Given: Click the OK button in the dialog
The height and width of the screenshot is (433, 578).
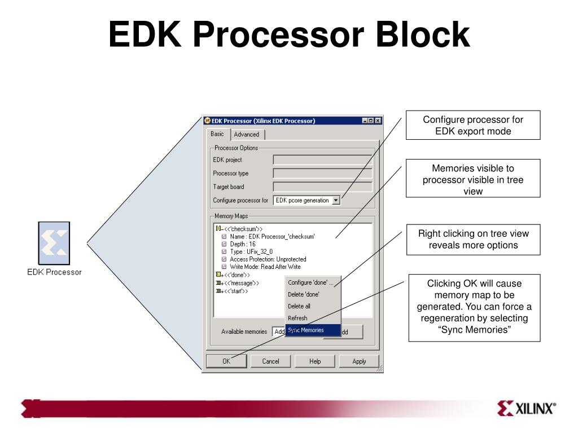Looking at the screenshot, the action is click(x=226, y=361).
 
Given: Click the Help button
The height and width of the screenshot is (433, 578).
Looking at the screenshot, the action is click(x=315, y=361).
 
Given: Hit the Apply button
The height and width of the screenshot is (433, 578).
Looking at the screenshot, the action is click(x=359, y=361).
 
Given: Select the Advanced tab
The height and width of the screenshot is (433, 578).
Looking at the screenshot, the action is click(x=247, y=134).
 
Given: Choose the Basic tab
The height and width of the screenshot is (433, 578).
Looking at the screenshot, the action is click(x=217, y=134).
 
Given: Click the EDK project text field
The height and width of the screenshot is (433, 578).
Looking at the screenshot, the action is click(x=322, y=160).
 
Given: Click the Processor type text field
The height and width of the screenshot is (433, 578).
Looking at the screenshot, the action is click(x=322, y=173).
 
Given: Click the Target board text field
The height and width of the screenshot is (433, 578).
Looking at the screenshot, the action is click(x=322, y=187).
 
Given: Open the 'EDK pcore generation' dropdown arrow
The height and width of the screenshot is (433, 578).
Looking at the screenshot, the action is click(x=336, y=200).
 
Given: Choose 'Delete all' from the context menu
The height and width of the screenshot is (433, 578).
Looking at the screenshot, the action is click(x=299, y=306).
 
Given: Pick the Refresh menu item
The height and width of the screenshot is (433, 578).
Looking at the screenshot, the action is click(x=298, y=318).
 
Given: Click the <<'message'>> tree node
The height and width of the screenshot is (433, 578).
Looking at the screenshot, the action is click(x=242, y=283).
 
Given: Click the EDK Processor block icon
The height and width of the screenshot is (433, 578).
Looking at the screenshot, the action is click(x=54, y=243).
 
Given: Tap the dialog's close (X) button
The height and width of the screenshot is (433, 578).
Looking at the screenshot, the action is click(x=378, y=121).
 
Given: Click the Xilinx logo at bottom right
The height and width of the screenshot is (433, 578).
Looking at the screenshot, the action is click(x=527, y=408).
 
